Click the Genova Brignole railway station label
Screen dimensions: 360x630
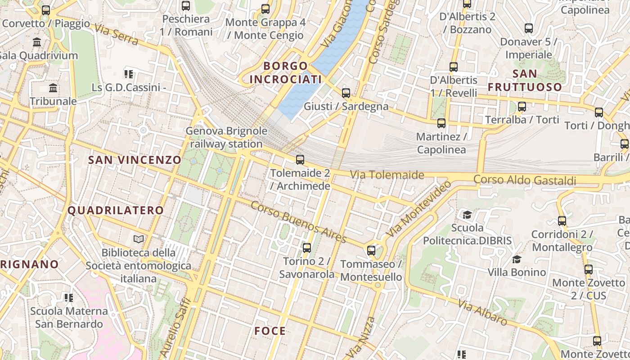click(226, 138)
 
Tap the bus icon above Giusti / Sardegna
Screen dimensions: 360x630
click(346, 93)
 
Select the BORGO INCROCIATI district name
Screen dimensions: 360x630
click(285, 73)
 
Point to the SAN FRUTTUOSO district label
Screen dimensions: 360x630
click(525, 80)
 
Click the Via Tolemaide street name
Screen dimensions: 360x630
click(387, 175)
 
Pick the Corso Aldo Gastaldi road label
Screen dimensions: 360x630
click(525, 180)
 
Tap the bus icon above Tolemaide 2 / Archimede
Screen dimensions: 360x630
click(300, 159)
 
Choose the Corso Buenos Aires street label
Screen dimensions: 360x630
click(298, 222)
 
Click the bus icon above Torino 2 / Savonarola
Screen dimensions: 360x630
click(306, 247)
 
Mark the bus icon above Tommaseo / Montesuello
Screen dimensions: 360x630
click(371, 250)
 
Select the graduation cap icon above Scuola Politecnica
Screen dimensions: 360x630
click(467, 215)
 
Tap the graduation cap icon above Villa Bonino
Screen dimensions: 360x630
click(517, 259)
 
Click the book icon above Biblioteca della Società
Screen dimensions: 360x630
click(139, 239)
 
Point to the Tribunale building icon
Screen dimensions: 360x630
click(53, 87)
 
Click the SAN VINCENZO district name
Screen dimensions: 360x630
click(135, 160)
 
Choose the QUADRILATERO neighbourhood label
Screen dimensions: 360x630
click(116, 210)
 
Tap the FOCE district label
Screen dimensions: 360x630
click(270, 331)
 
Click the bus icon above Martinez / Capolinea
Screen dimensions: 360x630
click(441, 123)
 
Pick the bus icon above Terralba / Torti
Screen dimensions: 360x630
click(522, 107)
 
